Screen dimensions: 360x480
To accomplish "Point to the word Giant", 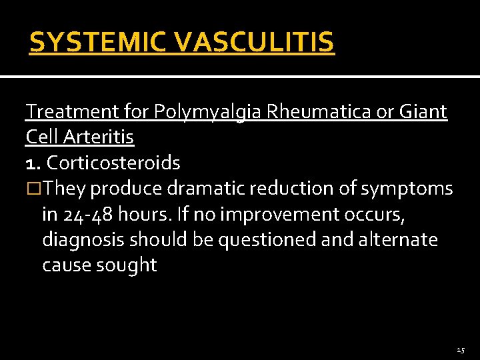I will coord(423,112).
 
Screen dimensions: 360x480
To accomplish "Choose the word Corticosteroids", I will coord(113,163).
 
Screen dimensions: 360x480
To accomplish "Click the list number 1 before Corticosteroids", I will coord(32,163).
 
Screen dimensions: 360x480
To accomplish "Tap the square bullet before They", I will coord(33,189).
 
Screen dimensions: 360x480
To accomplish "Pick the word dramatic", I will coord(207,189).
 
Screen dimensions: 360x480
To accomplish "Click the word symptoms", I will coord(408,189).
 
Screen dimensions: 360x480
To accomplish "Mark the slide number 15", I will coord(461,350).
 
